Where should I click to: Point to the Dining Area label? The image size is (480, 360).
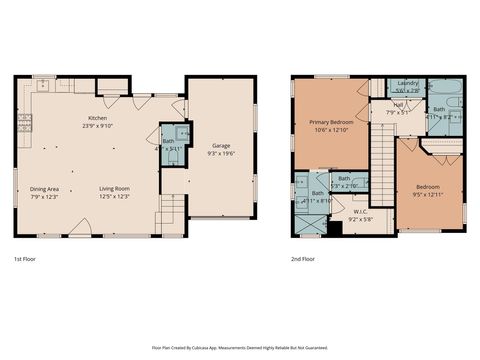click(45, 188)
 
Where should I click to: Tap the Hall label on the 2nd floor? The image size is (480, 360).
click(397, 104)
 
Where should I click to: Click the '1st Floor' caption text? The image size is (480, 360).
click(26, 258)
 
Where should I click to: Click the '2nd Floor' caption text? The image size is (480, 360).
click(303, 258)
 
